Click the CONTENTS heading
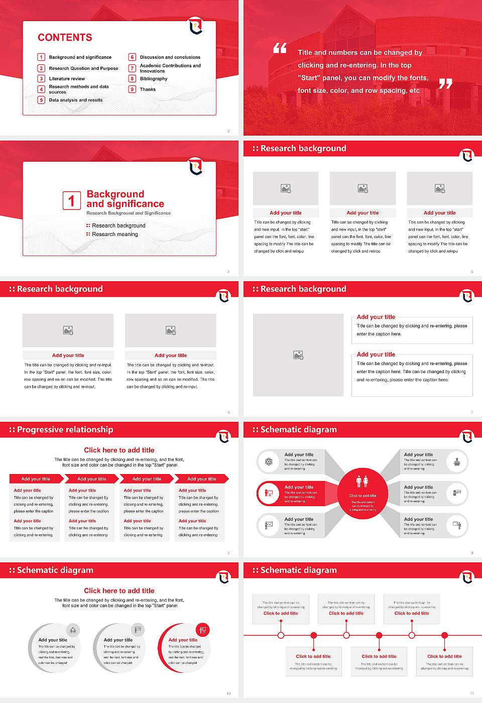pyautogui.click(x=65, y=38)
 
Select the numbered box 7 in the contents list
pyautogui.click(x=133, y=68)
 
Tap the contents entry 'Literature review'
pyautogui.click(x=67, y=79)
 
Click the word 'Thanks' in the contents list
pyautogui.click(x=148, y=89)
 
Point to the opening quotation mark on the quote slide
pyautogui.click(x=280, y=48)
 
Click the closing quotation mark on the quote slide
pyautogui.click(x=445, y=84)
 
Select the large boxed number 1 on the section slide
pyautogui.click(x=71, y=201)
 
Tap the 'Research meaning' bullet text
pyautogui.click(x=114, y=234)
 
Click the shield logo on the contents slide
pyautogui.click(x=196, y=26)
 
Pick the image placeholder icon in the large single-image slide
pyautogui.click(x=298, y=355)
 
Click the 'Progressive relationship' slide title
pyautogui.click(x=65, y=429)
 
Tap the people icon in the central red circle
pyautogui.click(x=362, y=482)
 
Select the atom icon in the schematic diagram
pyautogui.click(x=269, y=461)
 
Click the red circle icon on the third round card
pyautogui.click(x=203, y=630)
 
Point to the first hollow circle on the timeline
pyautogui.click(x=281, y=635)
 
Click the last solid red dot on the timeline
pyautogui.click(x=444, y=635)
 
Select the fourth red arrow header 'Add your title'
pyautogui.click(x=201, y=479)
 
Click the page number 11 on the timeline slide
pyautogui.click(x=471, y=693)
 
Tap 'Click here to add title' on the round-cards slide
pyautogui.click(x=119, y=591)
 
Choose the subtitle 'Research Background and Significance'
pyautogui.click(x=129, y=213)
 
